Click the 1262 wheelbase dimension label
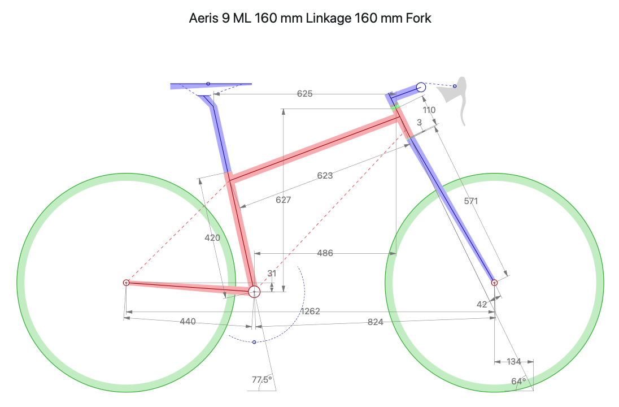[x=310, y=311]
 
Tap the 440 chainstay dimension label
[x=188, y=322]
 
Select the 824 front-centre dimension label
[x=375, y=322]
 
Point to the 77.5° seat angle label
[x=261, y=380]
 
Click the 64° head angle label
[x=518, y=382]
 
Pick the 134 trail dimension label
[x=513, y=362]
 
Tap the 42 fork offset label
[x=482, y=304]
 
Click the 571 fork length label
[x=471, y=201]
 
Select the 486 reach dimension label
[x=325, y=253]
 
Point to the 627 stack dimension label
[x=283, y=200]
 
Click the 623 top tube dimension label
[x=325, y=175]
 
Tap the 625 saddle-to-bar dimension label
[x=305, y=94]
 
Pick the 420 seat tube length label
[x=212, y=238]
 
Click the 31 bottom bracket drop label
[x=272, y=274]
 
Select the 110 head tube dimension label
[x=429, y=110]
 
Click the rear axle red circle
[x=127, y=283]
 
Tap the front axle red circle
[x=494, y=283]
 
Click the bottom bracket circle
[x=254, y=292]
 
